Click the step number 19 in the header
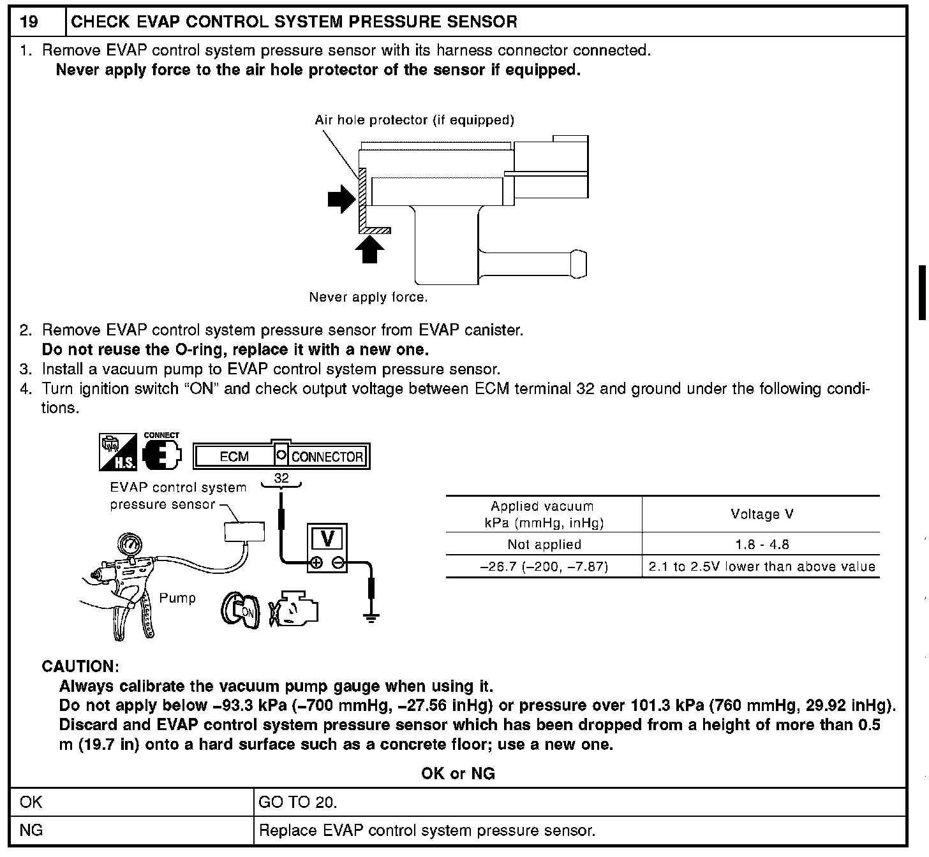pyautogui.click(x=29, y=22)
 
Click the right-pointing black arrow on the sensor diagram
pyautogui.click(x=341, y=198)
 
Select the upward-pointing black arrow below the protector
pyautogui.click(x=369, y=249)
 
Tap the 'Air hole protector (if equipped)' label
pyautogui.click(x=414, y=120)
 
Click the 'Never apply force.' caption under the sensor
pyautogui.click(x=368, y=297)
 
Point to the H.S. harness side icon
pyautogui.click(x=117, y=451)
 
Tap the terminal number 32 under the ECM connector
pyautogui.click(x=281, y=478)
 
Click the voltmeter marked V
pyautogui.click(x=327, y=548)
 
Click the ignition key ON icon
pyautogui.click(x=241, y=609)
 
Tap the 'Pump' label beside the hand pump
pyautogui.click(x=177, y=598)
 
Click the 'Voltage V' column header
pyautogui.click(x=762, y=515)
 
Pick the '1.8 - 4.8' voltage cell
pyautogui.click(x=762, y=545)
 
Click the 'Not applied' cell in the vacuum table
pyautogui.click(x=544, y=545)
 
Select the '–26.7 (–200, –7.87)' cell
pyautogui.click(x=544, y=566)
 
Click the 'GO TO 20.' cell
pyautogui.click(x=297, y=802)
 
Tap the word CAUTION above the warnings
pyautogui.click(x=80, y=666)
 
